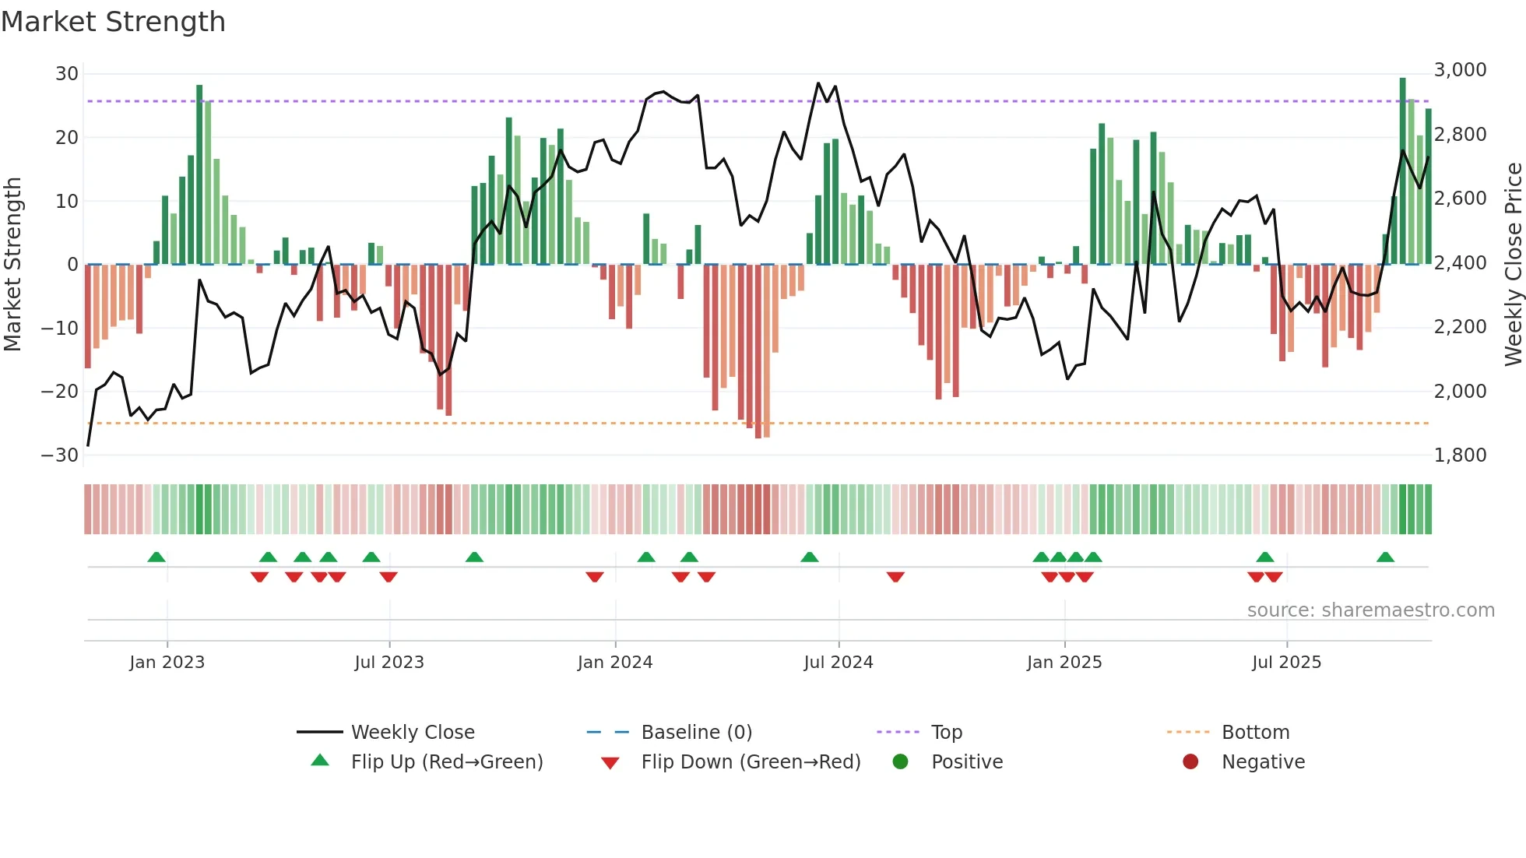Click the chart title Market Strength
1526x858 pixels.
(x=113, y=22)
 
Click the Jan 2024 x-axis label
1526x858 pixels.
(x=614, y=663)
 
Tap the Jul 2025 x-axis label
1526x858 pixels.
(x=1286, y=663)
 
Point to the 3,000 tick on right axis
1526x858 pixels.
(x=1460, y=70)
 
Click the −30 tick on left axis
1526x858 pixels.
(x=60, y=455)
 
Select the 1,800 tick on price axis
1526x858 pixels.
(x=1460, y=455)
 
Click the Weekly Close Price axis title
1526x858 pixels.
(x=1513, y=264)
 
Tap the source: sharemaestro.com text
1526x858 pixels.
(x=1370, y=610)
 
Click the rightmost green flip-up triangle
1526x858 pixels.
(x=1385, y=557)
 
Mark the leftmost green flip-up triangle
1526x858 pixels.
(x=156, y=557)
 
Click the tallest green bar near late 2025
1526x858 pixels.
(x=1402, y=171)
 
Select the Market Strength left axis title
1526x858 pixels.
(x=12, y=264)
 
